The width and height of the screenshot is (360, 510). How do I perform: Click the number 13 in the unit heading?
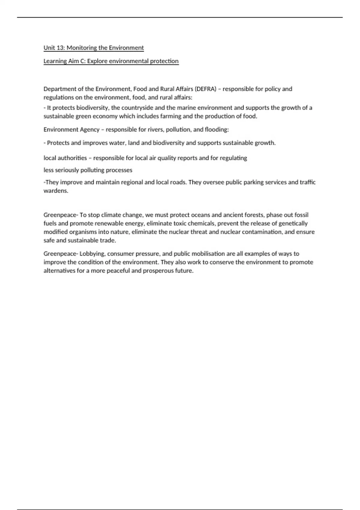(60, 48)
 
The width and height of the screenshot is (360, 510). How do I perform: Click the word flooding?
(217, 130)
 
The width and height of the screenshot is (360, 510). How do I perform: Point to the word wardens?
(56, 191)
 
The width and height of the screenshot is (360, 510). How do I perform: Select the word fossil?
(301, 215)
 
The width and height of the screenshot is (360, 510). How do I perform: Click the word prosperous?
(158, 271)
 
